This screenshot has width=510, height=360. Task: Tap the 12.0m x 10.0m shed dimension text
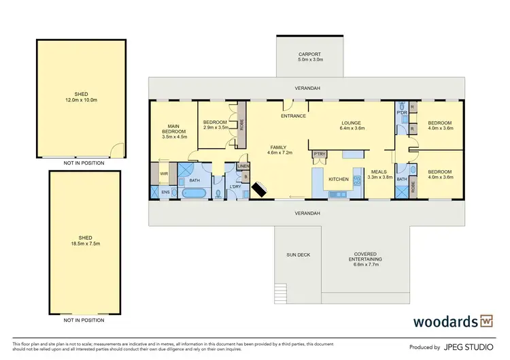point(81,101)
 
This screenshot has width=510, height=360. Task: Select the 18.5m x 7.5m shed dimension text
point(81,244)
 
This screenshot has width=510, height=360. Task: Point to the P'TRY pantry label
point(318,154)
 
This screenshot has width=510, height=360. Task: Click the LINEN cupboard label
point(243,167)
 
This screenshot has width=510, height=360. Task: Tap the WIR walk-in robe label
point(164,174)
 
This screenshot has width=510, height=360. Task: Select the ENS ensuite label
point(165,193)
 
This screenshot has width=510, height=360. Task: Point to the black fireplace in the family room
point(259,189)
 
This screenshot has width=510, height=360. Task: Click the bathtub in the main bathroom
point(194,193)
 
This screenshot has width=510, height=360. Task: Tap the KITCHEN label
point(339,179)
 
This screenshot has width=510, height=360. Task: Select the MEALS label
point(379,171)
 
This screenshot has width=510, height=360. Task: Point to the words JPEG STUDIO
point(474,347)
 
